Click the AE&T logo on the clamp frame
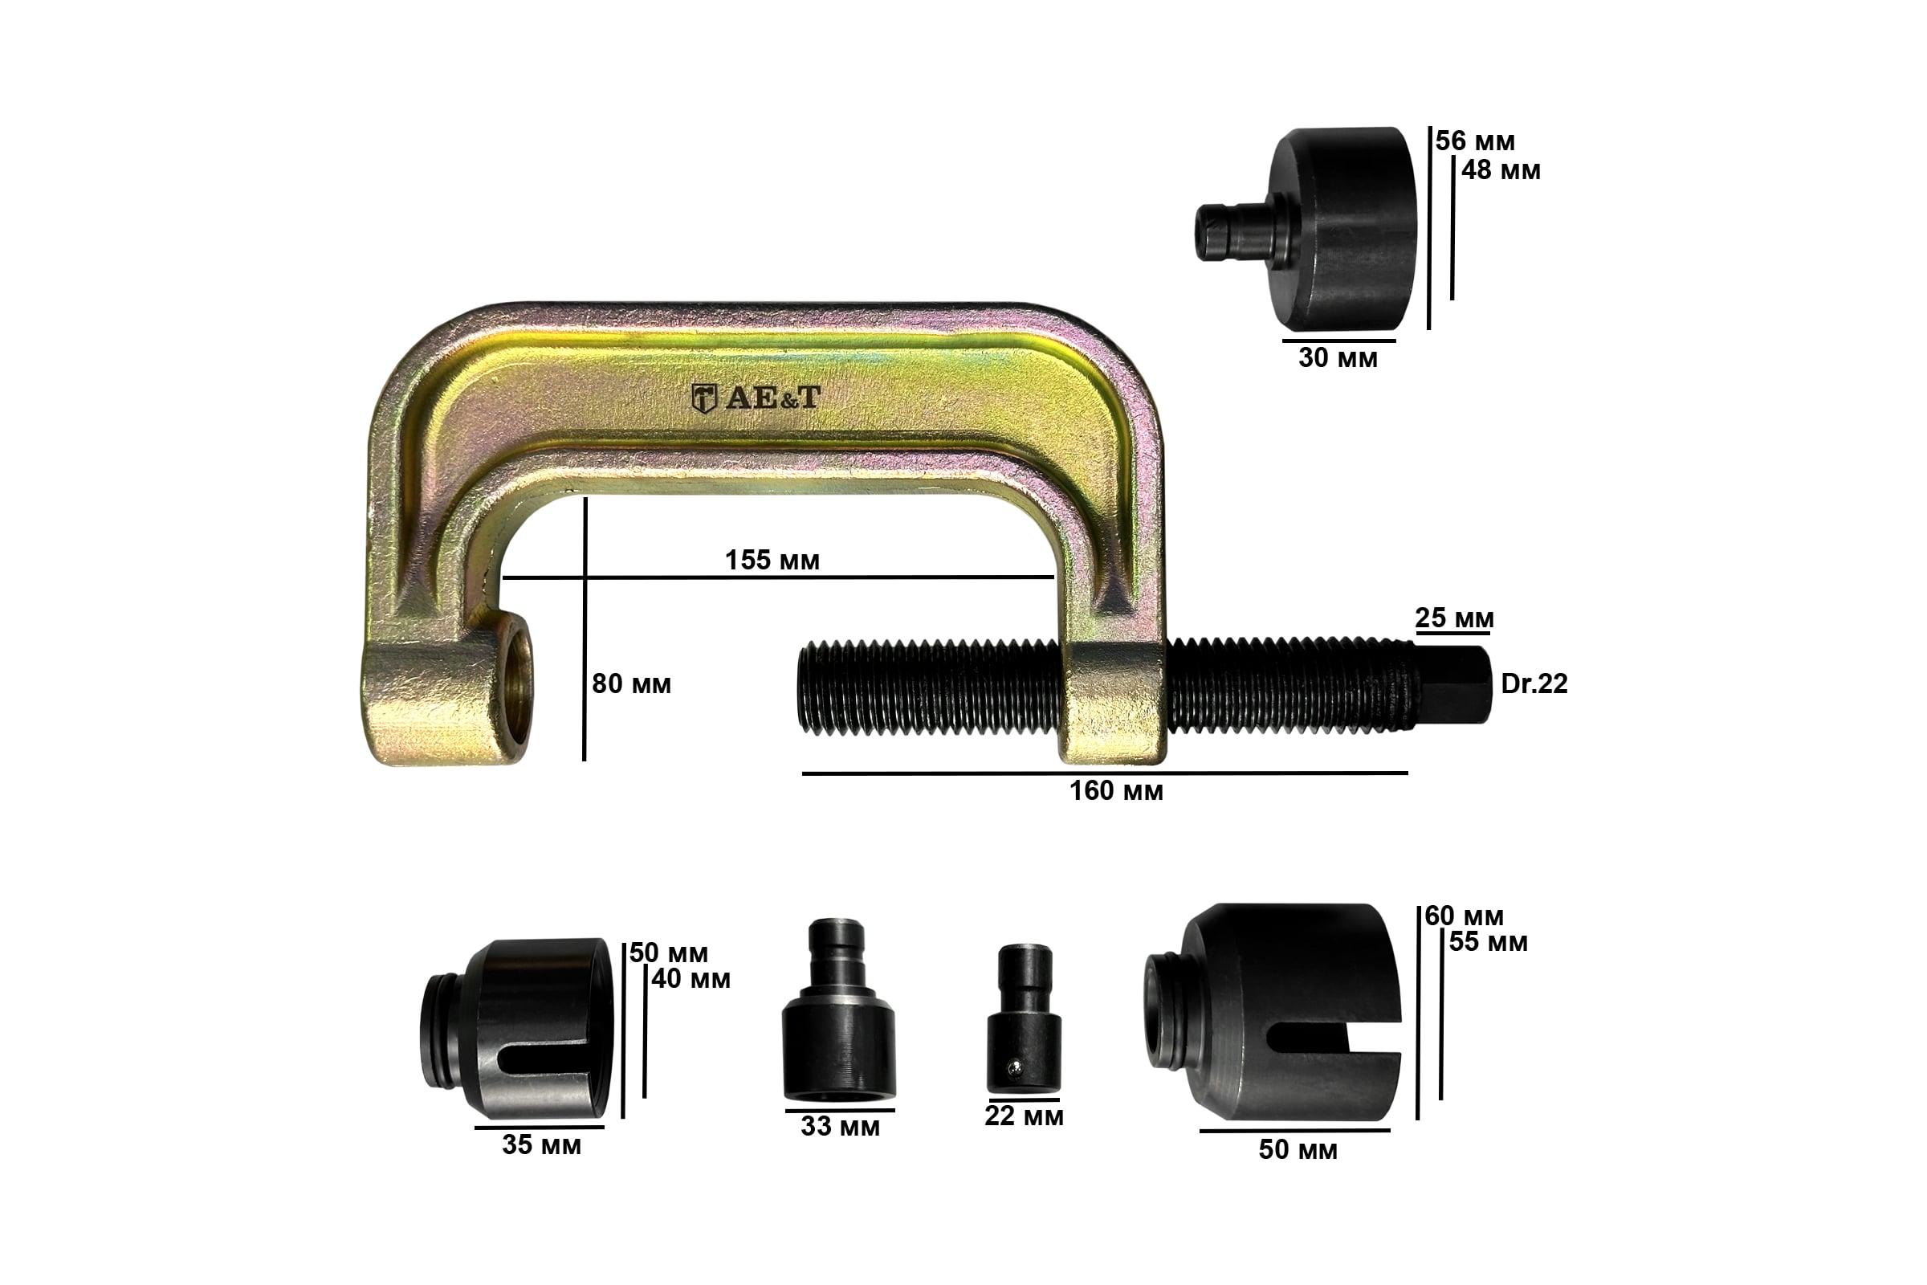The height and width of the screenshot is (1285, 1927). point(756,398)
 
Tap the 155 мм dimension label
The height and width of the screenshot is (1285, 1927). point(772,560)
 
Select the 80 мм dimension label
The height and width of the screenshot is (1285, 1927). point(631,683)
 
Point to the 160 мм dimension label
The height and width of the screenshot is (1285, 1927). point(1116,791)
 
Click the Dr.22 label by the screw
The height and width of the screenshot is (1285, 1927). point(1534,683)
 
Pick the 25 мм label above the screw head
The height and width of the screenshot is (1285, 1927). point(1454,618)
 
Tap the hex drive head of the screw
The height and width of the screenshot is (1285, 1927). point(1453,685)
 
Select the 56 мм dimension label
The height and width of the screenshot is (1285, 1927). point(1475,141)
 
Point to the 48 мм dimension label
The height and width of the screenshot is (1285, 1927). point(1500,170)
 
